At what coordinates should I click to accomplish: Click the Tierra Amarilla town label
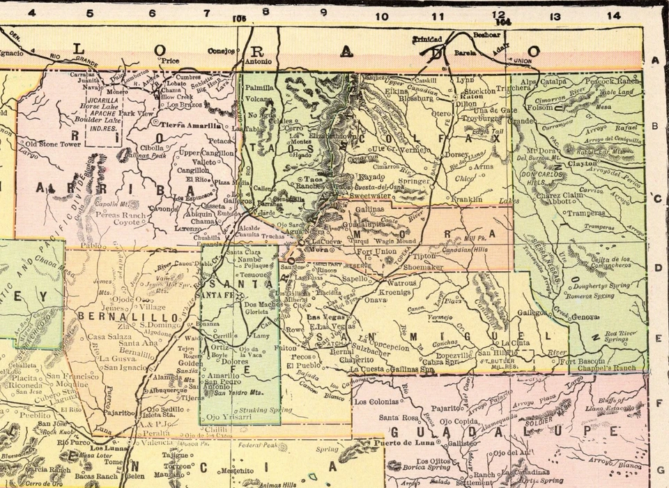[190, 125]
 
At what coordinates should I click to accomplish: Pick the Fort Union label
[377, 251]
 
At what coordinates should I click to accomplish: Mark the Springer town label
[414, 181]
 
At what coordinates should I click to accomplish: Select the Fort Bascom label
[582, 360]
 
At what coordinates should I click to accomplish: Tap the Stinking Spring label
[249, 411]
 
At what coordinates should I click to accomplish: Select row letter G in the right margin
[656, 469]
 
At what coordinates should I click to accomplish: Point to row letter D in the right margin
[656, 266]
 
